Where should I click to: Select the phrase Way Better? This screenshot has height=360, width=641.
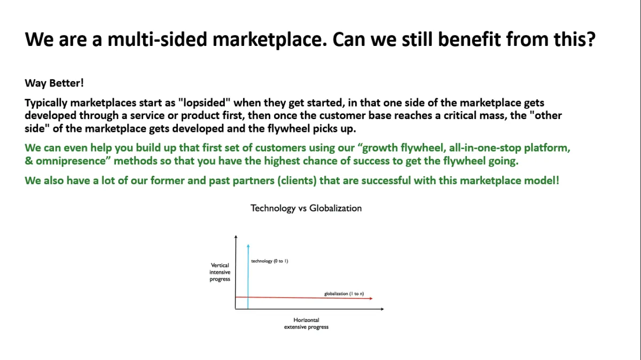pyautogui.click(x=54, y=83)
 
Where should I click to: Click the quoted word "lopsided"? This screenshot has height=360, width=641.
pyautogui.click(x=204, y=103)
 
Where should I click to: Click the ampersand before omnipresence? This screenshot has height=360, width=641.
pyautogui.click(x=29, y=161)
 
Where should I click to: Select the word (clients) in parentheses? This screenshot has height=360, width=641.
pyautogui.click(x=297, y=181)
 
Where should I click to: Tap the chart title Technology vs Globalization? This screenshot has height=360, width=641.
pyautogui.click(x=306, y=208)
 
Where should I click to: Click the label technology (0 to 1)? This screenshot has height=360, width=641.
pyautogui.click(x=270, y=261)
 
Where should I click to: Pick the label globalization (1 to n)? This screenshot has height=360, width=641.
pyautogui.click(x=344, y=294)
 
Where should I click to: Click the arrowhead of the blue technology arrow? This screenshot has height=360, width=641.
pyautogui.click(x=248, y=246)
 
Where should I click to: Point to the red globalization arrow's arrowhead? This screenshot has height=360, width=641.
pyautogui.click(x=371, y=299)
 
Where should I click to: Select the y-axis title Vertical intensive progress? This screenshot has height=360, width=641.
pyautogui.click(x=220, y=272)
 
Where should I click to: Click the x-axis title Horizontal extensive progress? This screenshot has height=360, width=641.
pyautogui.click(x=306, y=323)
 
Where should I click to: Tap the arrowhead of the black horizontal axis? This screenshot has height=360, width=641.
pyautogui.click(x=382, y=309)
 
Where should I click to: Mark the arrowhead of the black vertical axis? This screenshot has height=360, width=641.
pyautogui.click(x=236, y=237)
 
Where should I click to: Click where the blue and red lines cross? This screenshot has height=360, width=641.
pyautogui.click(x=248, y=298)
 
